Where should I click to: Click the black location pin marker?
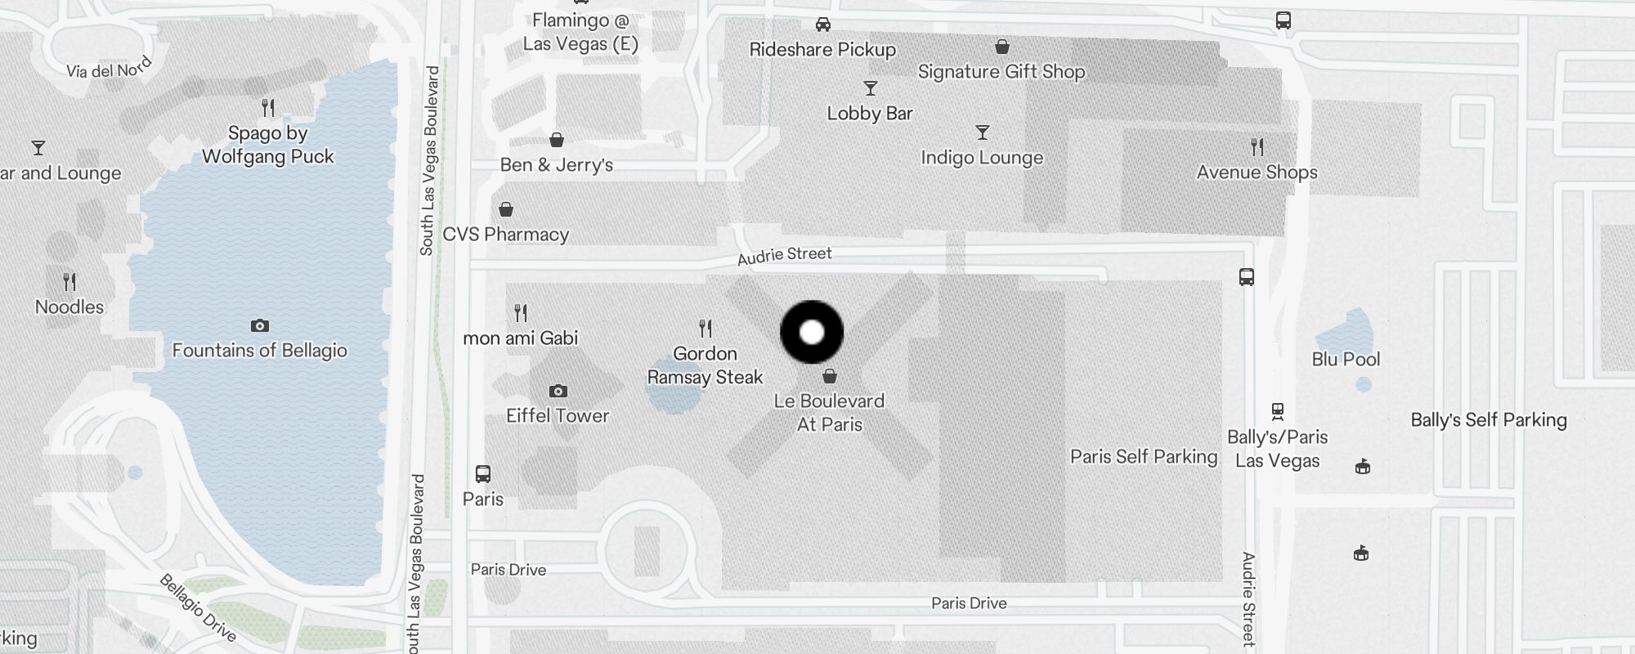[812, 332]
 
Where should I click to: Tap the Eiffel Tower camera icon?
[558, 392]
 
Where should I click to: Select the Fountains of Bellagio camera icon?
[260, 326]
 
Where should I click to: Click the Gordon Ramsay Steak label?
[705, 365]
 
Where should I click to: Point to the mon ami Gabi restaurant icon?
[521, 312]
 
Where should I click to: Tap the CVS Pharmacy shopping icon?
[506, 210]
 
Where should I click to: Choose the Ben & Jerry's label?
[557, 165]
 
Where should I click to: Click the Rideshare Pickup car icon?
[823, 25]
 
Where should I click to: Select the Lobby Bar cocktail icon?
[871, 88]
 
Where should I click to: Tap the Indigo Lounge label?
[982, 158]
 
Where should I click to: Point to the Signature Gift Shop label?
[1001, 72]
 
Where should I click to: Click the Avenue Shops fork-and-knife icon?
[1257, 147]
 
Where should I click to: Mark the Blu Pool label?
[1346, 359]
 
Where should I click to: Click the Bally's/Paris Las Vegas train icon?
[1278, 411]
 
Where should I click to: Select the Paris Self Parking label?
[1144, 456]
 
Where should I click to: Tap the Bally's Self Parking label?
[1489, 420]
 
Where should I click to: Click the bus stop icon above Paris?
[483, 474]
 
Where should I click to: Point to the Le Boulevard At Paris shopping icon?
[830, 376]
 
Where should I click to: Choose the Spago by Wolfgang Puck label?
[268, 145]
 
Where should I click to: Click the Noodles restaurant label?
[69, 307]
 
